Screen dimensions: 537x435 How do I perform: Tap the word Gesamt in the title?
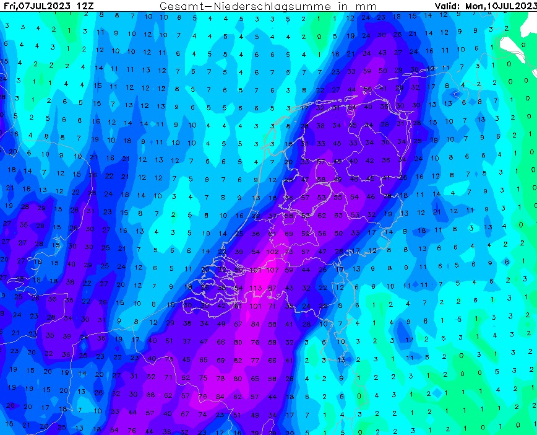coord(179,6)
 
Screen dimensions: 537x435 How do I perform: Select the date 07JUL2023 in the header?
coord(44,6)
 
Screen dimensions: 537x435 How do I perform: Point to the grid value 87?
coord(272,288)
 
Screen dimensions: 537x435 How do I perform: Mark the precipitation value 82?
coord(238,360)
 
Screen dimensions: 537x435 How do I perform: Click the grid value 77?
coord(255,360)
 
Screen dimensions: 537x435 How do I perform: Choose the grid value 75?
coord(204,378)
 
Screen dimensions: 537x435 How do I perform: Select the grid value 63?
coord(338,216)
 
